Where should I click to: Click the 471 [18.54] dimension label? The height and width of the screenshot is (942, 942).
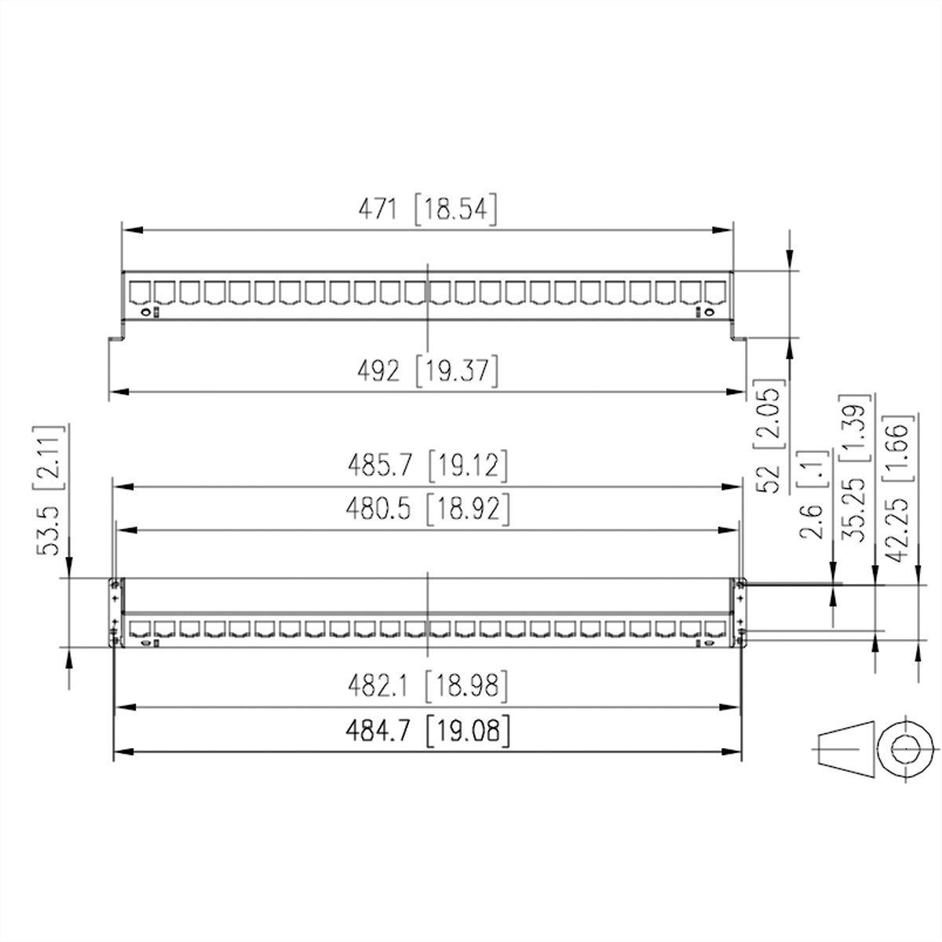(428, 210)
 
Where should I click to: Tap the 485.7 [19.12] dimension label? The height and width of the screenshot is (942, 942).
(429, 467)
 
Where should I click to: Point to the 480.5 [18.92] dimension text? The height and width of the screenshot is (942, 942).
(429, 510)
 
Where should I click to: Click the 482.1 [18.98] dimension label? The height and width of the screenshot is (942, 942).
(429, 687)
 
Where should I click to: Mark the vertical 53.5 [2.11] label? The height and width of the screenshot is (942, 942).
(49, 491)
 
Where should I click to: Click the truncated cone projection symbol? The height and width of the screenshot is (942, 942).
(845, 748)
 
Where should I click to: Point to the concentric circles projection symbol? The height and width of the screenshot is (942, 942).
(907, 748)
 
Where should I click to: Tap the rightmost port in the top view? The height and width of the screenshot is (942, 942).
(714, 291)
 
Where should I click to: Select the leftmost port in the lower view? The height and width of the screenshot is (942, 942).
(141, 629)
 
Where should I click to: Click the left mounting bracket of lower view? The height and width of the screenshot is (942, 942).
(115, 612)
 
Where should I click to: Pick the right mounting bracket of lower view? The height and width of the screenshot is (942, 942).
(739, 612)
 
